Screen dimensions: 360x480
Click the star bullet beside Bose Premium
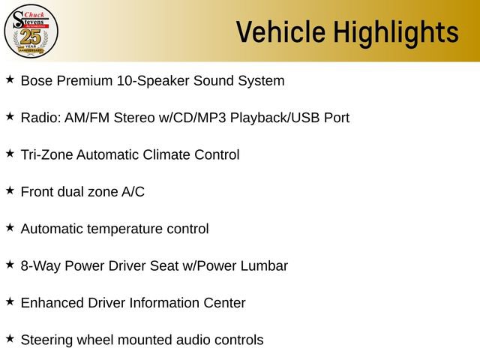pos(10,79)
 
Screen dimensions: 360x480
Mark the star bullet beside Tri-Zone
pos(10,153)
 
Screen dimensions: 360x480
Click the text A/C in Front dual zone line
pos(133,192)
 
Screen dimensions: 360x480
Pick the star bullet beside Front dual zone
pos(10,190)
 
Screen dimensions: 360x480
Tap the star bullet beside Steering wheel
pos(10,339)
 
